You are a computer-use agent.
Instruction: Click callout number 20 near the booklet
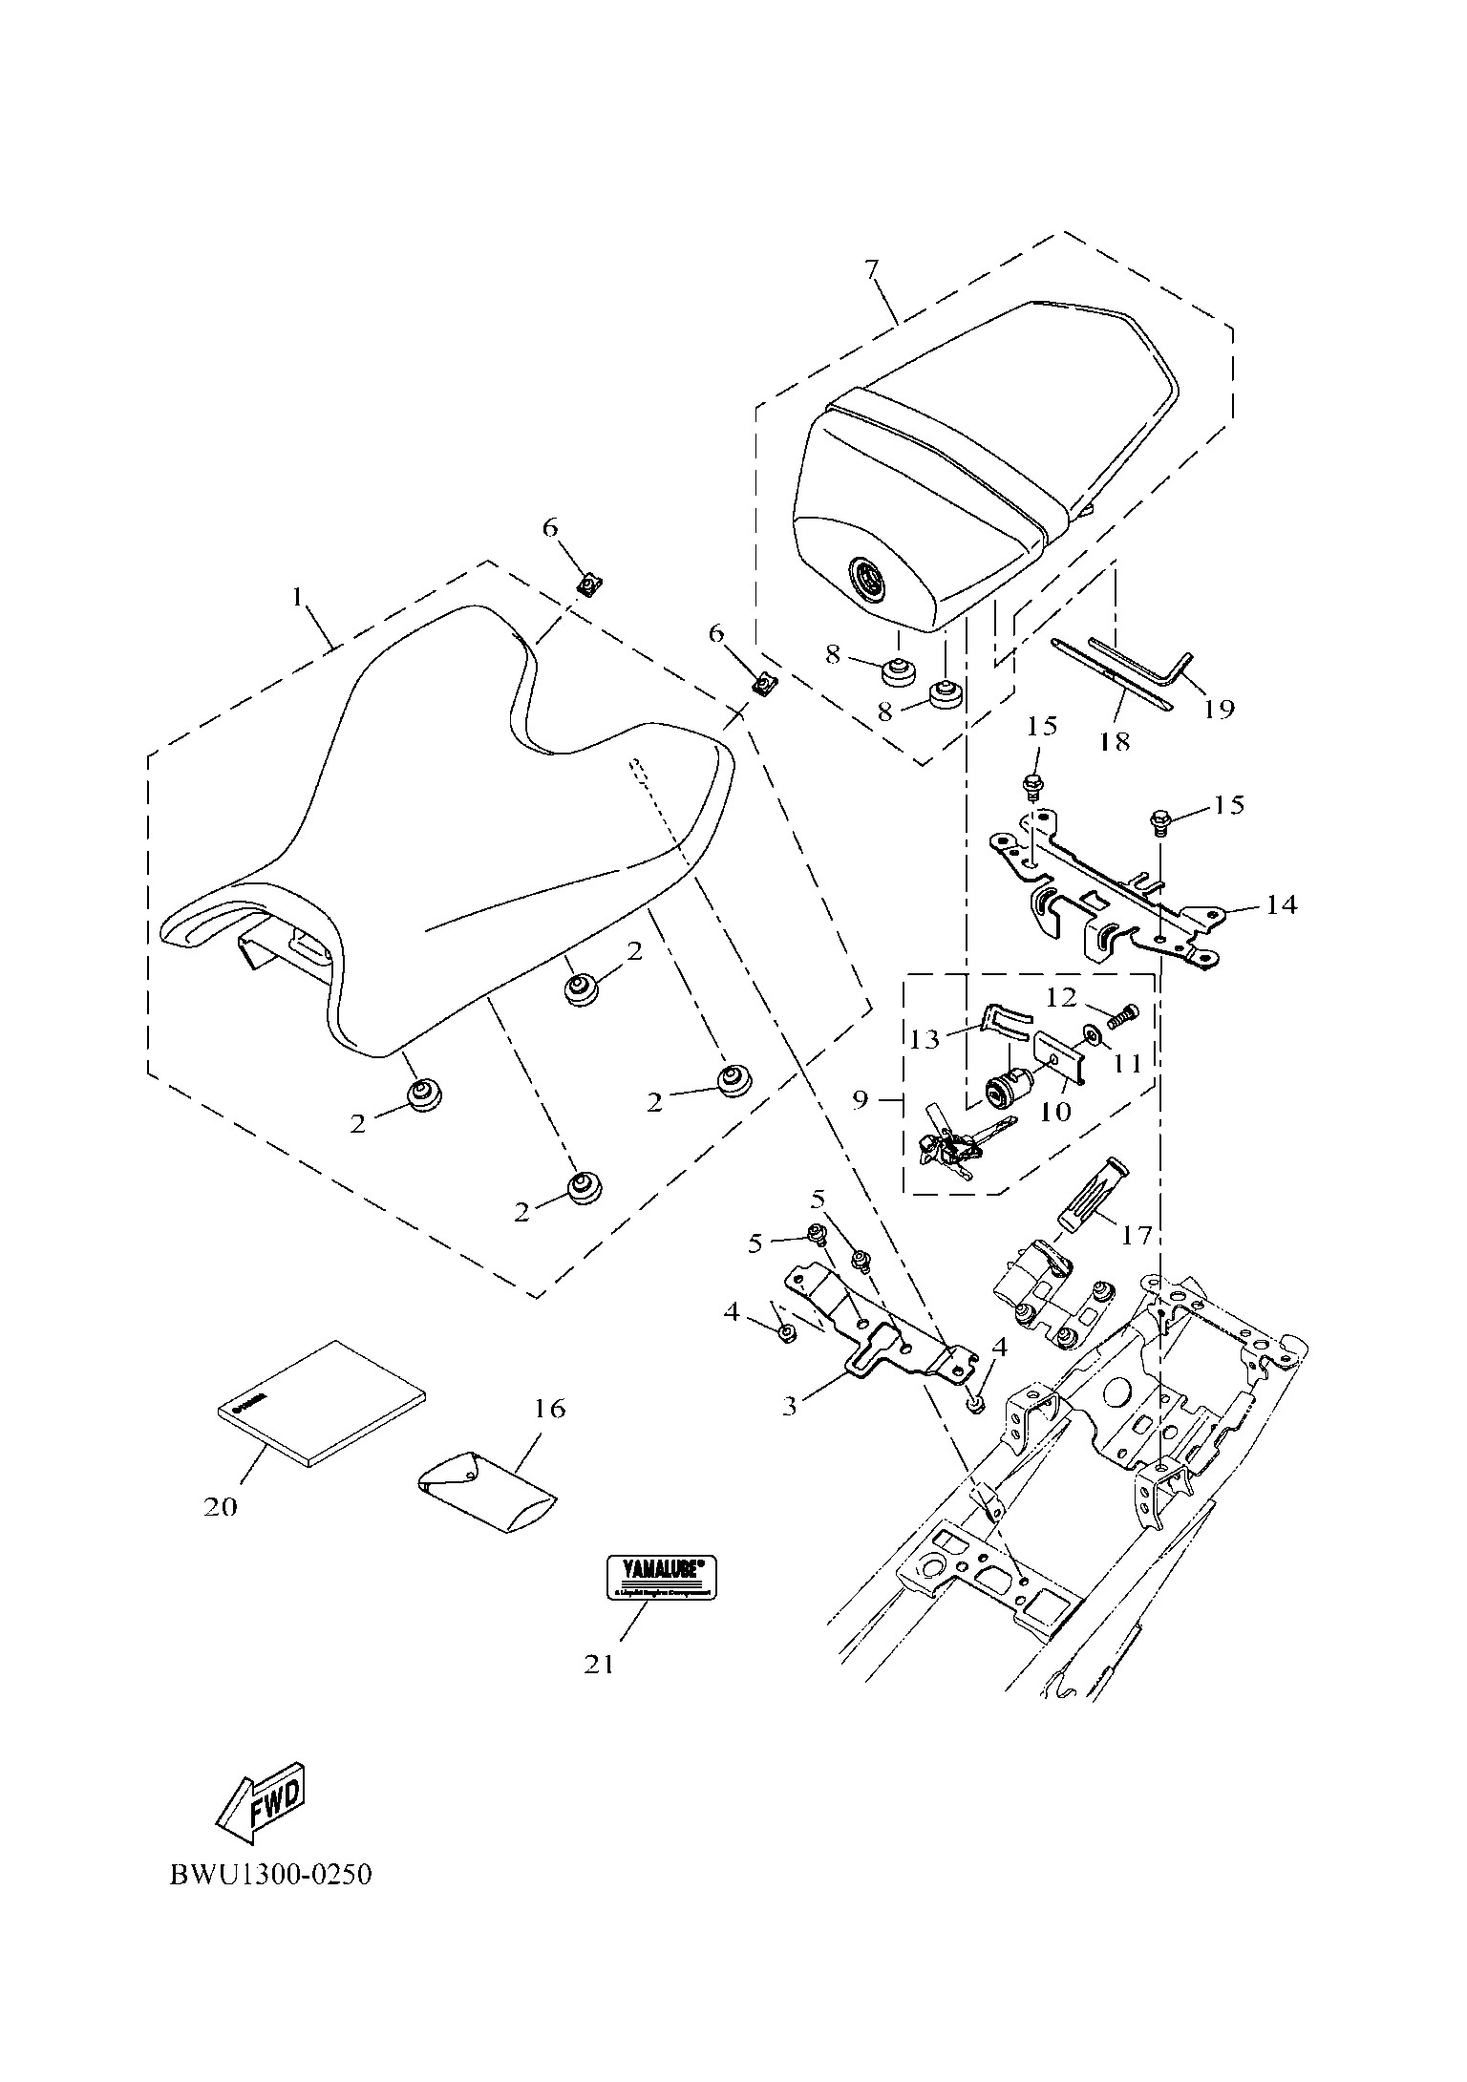coord(221,1506)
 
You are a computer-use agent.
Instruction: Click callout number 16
coord(550,1408)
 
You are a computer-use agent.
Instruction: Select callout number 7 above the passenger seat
coord(871,269)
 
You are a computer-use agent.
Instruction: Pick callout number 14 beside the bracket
coord(1282,903)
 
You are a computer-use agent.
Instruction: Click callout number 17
coord(1137,1235)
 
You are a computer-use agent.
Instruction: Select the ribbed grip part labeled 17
coord(1093,1196)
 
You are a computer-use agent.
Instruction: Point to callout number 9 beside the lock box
coord(861,1100)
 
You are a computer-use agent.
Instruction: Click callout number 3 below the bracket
coord(790,1406)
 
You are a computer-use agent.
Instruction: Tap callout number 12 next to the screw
coord(1061,998)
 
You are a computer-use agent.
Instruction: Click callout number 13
coord(925,1038)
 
